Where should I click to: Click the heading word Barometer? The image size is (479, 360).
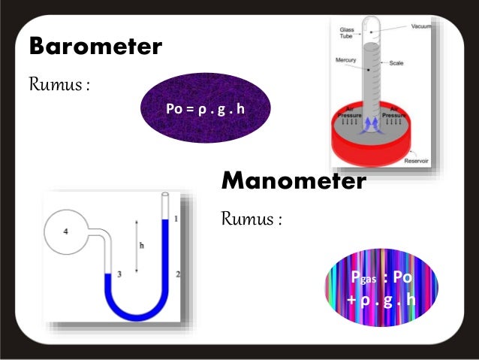(95, 47)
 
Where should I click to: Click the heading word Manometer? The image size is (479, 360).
(294, 180)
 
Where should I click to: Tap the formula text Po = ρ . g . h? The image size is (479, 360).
(205, 109)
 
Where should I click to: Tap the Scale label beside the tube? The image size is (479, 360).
(417, 64)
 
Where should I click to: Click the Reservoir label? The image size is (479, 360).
(416, 161)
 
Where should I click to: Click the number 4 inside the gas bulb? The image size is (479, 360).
(66, 231)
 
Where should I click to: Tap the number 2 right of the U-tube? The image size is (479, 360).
(177, 274)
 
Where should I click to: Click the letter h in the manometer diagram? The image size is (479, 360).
(142, 244)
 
